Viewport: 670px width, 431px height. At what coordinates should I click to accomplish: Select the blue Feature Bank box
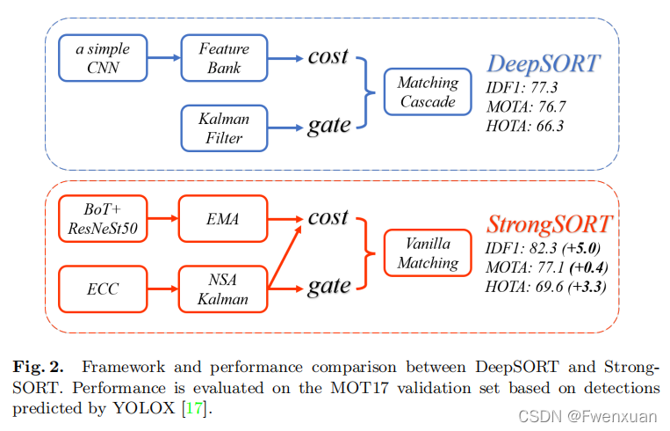tap(223, 57)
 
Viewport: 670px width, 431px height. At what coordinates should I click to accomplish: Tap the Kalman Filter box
tap(223, 127)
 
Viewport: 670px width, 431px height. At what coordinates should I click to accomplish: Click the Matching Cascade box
tap(428, 92)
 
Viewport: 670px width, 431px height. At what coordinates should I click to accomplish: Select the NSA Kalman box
tap(223, 289)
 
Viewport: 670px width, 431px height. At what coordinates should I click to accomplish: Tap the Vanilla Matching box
tap(428, 253)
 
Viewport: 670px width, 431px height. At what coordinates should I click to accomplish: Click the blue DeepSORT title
tap(544, 64)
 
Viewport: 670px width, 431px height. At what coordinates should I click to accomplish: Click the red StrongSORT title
tap(549, 224)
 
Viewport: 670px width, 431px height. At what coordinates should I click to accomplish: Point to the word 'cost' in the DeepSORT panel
tap(328, 56)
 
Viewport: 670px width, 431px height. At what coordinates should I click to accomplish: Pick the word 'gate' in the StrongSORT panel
tap(328, 285)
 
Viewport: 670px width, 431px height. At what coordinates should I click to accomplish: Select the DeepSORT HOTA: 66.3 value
tap(526, 126)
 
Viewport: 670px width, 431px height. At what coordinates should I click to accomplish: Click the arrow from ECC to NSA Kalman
tap(162, 289)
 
